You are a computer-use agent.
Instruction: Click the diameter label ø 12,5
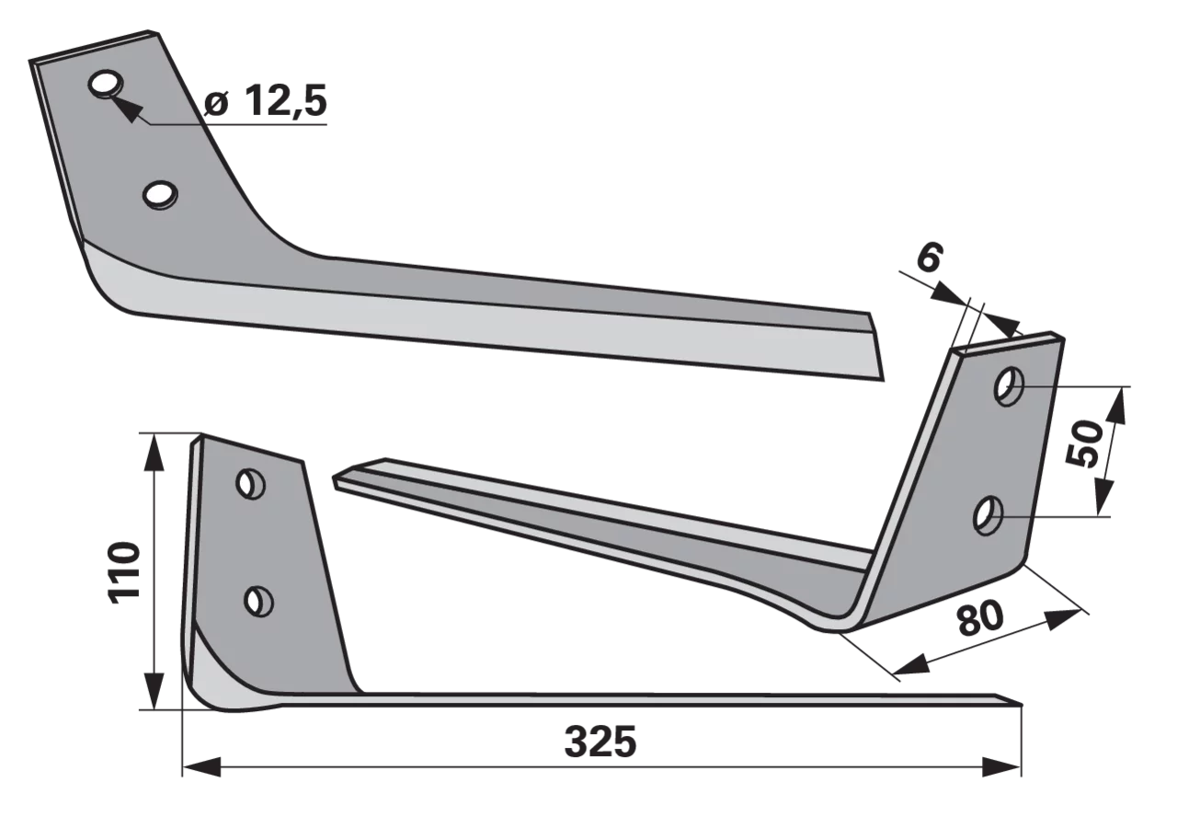[x=266, y=101]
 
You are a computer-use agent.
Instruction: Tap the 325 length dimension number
[x=600, y=742]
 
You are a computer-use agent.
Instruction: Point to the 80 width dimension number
[x=979, y=619]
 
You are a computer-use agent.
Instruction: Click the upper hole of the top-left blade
[x=106, y=84]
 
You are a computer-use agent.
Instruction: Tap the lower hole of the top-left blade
[x=160, y=196]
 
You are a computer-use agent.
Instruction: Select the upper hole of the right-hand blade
[x=1009, y=387]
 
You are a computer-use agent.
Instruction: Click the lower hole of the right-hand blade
[x=988, y=516]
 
